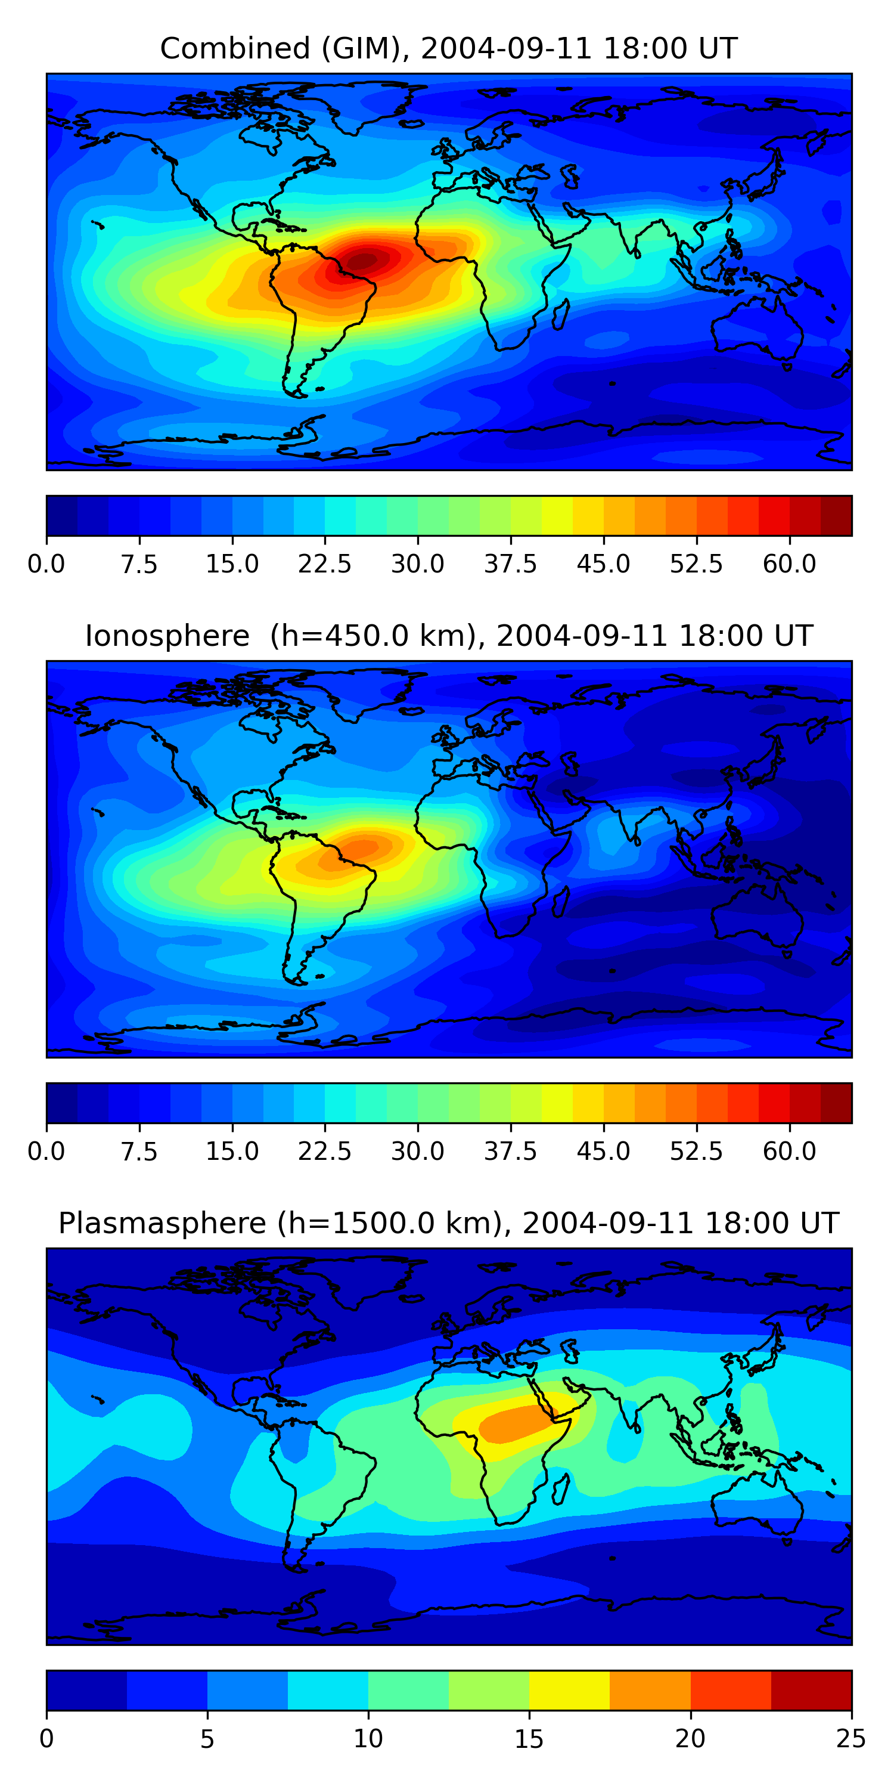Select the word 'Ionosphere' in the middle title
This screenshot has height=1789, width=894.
click(x=167, y=636)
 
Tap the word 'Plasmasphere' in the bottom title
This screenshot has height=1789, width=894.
click(x=162, y=1223)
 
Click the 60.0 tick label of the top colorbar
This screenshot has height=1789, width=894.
click(x=789, y=564)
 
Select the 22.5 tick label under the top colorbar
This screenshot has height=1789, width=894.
click(x=325, y=564)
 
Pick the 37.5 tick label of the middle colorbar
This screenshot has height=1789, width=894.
click(x=511, y=1151)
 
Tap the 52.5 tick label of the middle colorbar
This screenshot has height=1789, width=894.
click(x=696, y=1151)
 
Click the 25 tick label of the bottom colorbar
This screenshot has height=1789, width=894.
click(x=851, y=1738)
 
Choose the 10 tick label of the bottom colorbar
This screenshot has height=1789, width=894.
click(x=368, y=1738)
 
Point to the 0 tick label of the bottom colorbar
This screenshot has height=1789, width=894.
click(x=46, y=1738)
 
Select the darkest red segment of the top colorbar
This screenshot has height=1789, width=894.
click(x=836, y=515)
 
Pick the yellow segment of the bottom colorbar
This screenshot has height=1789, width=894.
click(x=569, y=1689)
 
